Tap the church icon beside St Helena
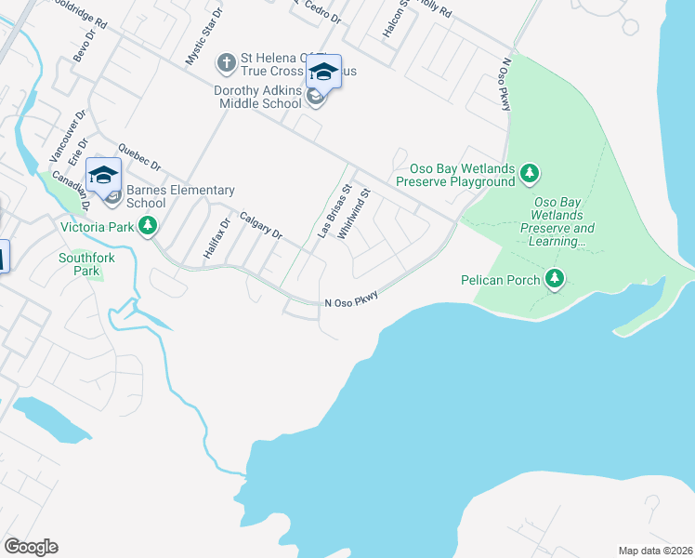coord(226,63)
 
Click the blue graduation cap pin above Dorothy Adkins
coord(323,72)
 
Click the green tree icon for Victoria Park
coord(147,226)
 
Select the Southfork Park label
coord(78,264)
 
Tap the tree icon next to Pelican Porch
coord(555,279)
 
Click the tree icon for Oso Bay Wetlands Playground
coord(529,173)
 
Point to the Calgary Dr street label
coord(260,225)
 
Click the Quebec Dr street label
coord(138,157)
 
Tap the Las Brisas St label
coord(334,212)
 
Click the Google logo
coord(31,547)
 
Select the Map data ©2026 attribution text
coord(655,551)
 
